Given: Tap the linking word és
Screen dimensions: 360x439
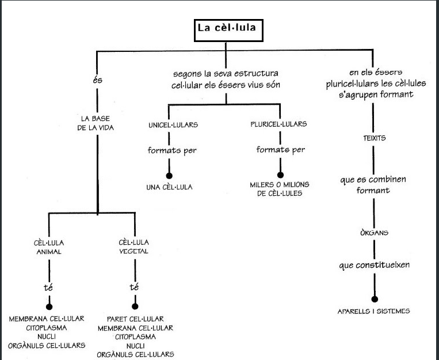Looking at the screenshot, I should coord(97,79).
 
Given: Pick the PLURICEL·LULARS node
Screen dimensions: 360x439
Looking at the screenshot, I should coord(278,124).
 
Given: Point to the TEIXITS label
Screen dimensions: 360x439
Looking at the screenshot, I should coord(374,139).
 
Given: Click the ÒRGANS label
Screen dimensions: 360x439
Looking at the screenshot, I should coord(374,233).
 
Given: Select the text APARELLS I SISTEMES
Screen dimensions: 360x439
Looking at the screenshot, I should coord(374,312).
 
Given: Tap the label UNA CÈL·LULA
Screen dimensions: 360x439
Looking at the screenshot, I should coord(169,187).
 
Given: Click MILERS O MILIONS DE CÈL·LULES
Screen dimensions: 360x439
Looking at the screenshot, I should coord(280,188).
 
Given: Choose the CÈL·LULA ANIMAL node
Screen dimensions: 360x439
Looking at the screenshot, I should coord(48,247).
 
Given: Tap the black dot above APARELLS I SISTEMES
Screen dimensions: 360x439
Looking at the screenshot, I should coord(375,299).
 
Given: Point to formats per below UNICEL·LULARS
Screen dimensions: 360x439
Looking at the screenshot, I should coord(170,151).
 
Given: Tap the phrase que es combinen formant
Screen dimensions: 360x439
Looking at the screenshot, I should coord(373,185).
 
